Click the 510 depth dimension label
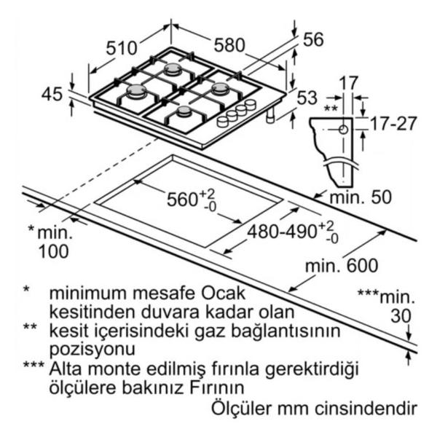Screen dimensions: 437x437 122,48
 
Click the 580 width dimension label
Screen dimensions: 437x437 229,45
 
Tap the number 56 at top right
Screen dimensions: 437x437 313,39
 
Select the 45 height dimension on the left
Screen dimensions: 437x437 52,94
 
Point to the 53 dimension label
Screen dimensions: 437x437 307,98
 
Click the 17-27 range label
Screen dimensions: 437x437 393,124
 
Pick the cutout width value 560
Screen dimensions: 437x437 182,200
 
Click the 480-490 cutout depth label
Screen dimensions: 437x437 282,232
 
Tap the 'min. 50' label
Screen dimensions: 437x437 361,197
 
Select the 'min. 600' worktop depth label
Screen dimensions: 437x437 342,266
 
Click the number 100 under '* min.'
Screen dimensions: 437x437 53,251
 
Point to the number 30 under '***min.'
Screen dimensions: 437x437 401,316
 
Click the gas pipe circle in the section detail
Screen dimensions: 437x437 343,130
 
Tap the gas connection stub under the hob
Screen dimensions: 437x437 270,116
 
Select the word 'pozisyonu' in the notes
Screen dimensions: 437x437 92,349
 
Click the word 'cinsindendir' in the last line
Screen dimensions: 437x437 366,409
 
